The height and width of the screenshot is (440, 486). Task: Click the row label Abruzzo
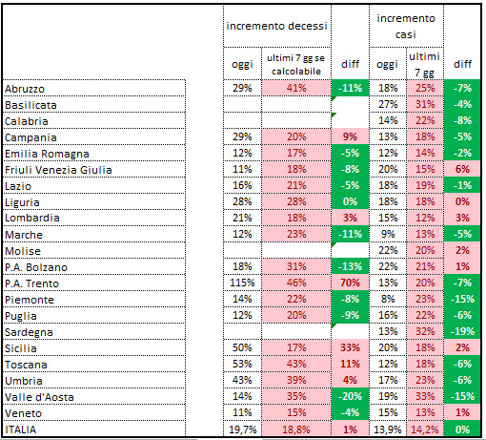25,89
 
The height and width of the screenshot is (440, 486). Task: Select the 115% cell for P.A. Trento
242,283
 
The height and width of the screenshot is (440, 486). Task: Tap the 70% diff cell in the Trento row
350,283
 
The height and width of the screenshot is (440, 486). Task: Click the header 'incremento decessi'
276,26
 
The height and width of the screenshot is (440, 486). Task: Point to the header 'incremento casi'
406,26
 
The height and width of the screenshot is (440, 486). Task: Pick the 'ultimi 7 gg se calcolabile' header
296,65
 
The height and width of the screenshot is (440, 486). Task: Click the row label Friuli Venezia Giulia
58,170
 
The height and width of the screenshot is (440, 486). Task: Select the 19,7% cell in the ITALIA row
242,430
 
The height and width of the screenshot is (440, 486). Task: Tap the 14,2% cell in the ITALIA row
425,430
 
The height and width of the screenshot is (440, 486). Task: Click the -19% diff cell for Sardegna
462,331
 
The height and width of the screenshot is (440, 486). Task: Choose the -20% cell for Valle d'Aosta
350,396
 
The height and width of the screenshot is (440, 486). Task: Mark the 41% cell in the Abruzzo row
296,88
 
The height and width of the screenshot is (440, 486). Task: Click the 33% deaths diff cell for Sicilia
350,347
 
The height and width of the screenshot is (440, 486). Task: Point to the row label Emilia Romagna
47,154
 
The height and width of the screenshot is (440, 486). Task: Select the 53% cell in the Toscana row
242,364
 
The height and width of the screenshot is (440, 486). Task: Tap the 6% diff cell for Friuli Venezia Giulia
462,169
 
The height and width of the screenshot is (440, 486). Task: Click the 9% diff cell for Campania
350,136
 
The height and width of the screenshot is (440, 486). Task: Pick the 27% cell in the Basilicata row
388,104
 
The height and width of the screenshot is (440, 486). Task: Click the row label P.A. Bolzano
36,267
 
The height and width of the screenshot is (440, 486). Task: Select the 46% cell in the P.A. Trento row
296,283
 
